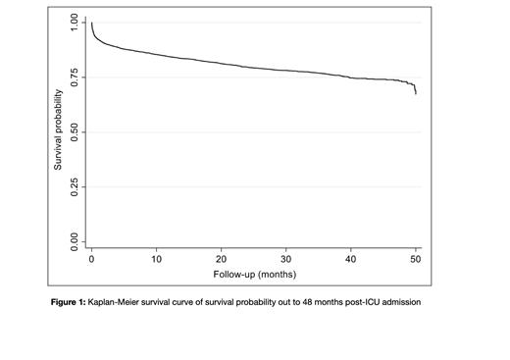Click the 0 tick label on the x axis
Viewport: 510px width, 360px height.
91,260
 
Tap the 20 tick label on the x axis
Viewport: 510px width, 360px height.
222,260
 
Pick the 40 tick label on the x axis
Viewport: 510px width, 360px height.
351,260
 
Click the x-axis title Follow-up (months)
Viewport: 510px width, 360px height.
253,274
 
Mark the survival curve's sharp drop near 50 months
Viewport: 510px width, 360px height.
415,89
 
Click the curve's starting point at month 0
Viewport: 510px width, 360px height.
90,23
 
